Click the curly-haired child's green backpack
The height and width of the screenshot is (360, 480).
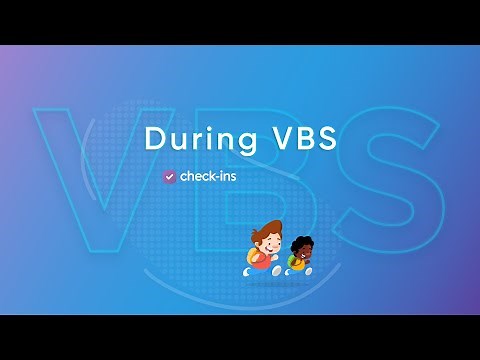290,262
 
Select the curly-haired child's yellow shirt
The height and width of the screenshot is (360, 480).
299,262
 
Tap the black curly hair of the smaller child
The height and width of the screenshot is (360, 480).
299,242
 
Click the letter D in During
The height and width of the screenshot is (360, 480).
154,138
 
